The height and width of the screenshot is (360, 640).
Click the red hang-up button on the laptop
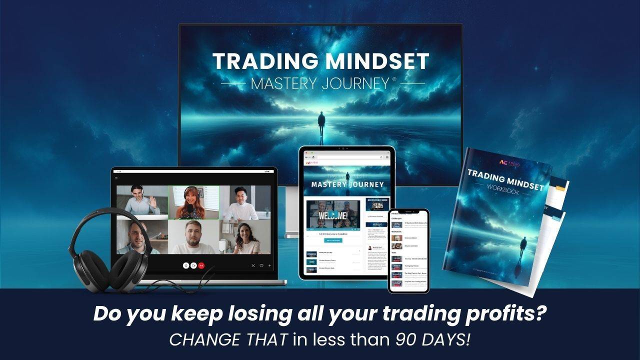point(201,265)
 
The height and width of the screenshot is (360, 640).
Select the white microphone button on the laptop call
point(185,265)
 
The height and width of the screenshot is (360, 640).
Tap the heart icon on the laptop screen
point(261,265)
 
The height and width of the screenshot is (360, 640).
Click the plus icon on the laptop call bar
point(270,265)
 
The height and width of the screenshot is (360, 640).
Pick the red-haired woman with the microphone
point(193,202)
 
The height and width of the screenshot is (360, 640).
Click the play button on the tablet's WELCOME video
point(332,215)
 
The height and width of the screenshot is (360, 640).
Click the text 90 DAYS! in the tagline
point(433,339)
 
